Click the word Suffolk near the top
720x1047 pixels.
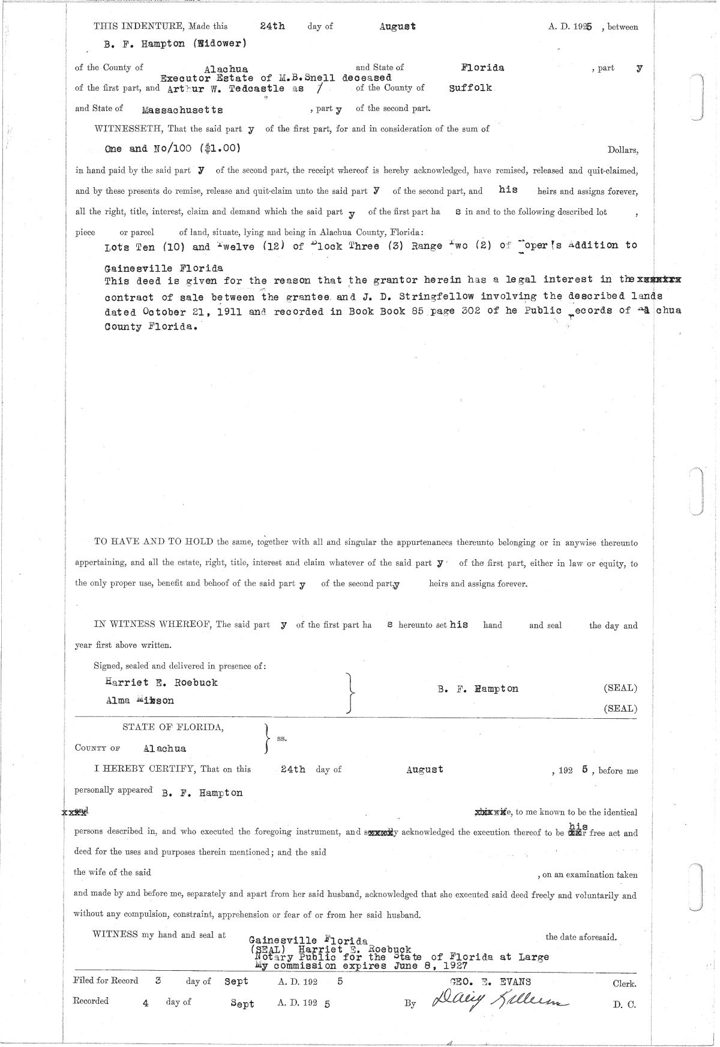click(470, 88)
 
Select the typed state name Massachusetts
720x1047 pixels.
click(182, 110)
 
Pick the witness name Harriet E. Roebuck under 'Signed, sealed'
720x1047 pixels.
click(161, 682)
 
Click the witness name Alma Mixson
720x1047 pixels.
click(139, 700)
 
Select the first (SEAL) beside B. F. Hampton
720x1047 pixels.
click(620, 688)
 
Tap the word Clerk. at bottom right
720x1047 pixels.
click(624, 984)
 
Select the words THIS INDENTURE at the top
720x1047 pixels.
click(139, 26)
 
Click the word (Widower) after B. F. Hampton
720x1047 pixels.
click(218, 43)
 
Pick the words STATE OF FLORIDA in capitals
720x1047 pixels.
click(173, 727)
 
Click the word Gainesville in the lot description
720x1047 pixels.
click(138, 268)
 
